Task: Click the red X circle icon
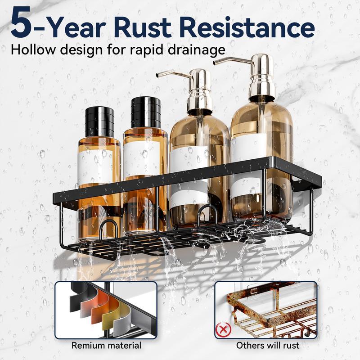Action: (221, 331)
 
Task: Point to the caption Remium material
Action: (106, 346)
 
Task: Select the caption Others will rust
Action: (268, 346)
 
